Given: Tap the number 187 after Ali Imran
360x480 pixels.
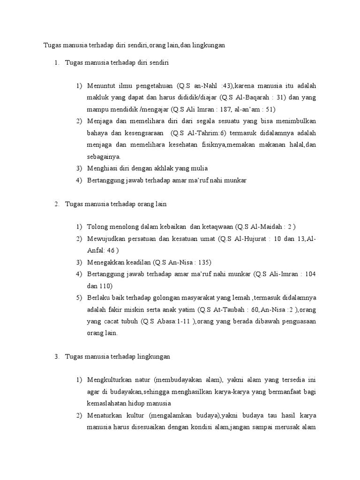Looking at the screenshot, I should (x=221, y=110).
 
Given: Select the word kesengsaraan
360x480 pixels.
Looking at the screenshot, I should (x=142, y=133).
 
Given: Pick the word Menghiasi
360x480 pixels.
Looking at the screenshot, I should (x=103, y=168).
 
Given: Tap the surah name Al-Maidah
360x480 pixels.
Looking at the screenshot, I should (x=266, y=227).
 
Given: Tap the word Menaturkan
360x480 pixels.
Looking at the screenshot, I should (x=105, y=415).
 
